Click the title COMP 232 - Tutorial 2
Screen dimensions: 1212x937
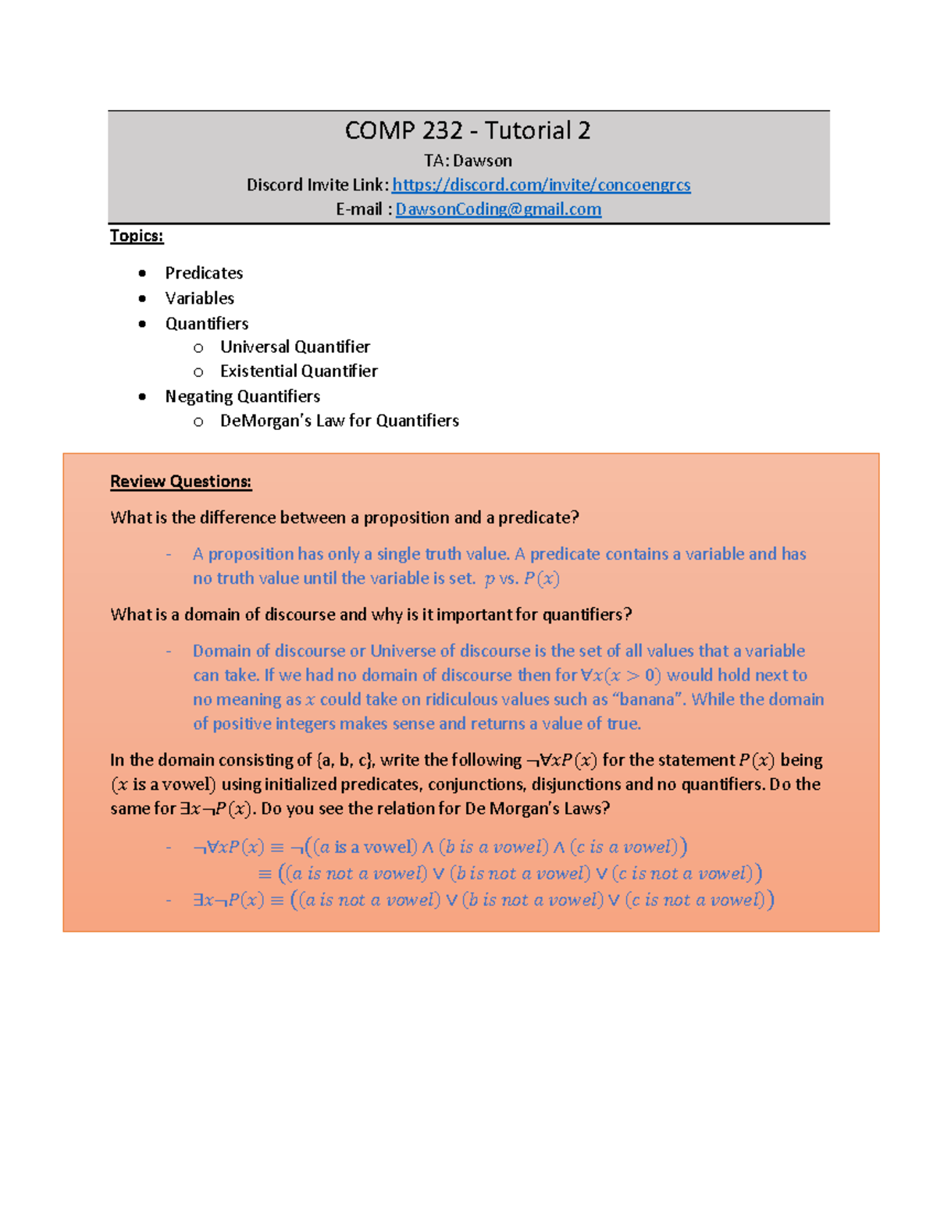click(x=468, y=130)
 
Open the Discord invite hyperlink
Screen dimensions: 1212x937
click(x=541, y=185)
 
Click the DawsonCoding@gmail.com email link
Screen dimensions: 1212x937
click(x=498, y=209)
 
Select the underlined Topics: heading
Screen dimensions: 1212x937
click(x=137, y=236)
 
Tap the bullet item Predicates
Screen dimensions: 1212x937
click(x=204, y=273)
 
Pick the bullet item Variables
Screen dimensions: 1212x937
click(x=199, y=298)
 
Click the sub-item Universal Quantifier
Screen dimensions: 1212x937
click(x=294, y=347)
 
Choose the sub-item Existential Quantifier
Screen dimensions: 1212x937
click(x=298, y=371)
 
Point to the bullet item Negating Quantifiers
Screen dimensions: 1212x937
click(x=242, y=396)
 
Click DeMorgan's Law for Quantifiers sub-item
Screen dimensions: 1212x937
click(x=339, y=421)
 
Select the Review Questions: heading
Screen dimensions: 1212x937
click(x=180, y=482)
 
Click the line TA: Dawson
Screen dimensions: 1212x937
click(x=468, y=161)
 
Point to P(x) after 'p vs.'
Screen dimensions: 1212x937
click(x=541, y=578)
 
